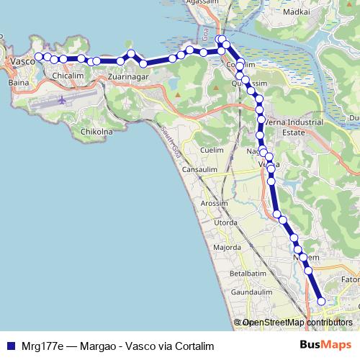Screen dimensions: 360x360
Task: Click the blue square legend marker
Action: point(10,346)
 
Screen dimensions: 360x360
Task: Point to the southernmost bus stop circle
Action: point(321,302)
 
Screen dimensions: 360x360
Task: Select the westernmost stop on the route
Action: point(39,56)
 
